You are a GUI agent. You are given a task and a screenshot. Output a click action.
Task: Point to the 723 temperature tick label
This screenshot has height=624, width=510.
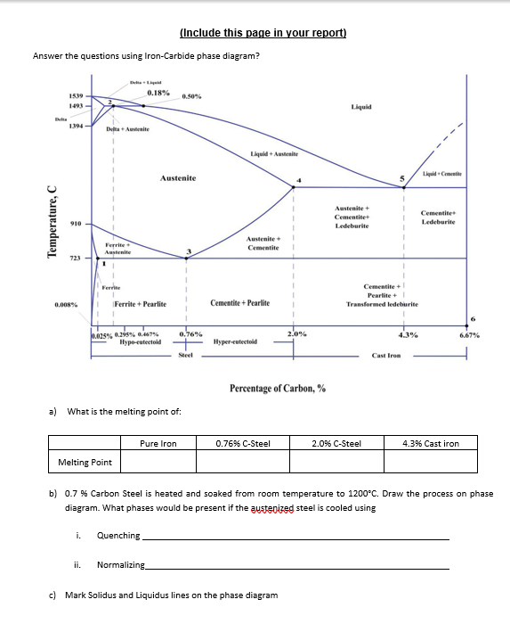[x=77, y=259]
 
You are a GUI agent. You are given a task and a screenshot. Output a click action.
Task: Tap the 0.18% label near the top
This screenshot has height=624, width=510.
[x=159, y=92]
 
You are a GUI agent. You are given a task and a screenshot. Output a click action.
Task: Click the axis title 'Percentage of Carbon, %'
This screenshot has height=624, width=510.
[x=277, y=389]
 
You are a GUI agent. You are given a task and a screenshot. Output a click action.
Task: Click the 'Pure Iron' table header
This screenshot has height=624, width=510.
[x=158, y=442]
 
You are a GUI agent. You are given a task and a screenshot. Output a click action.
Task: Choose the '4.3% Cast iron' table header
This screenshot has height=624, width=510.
[x=431, y=442]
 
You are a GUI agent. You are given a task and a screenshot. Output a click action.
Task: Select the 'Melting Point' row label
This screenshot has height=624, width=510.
[x=85, y=462]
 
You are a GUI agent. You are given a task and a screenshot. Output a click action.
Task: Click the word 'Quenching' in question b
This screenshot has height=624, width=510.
[x=118, y=536]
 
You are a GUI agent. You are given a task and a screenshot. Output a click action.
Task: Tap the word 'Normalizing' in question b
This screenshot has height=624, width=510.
[x=120, y=565]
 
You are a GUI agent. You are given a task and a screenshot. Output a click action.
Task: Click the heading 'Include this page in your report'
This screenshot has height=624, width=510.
[x=263, y=33]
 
